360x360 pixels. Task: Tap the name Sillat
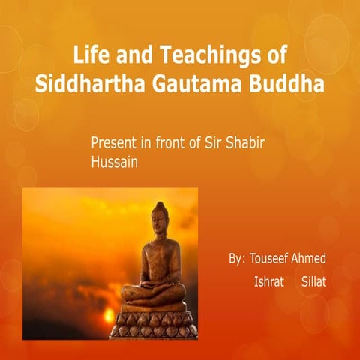[316, 283]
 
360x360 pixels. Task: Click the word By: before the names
[237, 259]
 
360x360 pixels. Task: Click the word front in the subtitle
[175, 142]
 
